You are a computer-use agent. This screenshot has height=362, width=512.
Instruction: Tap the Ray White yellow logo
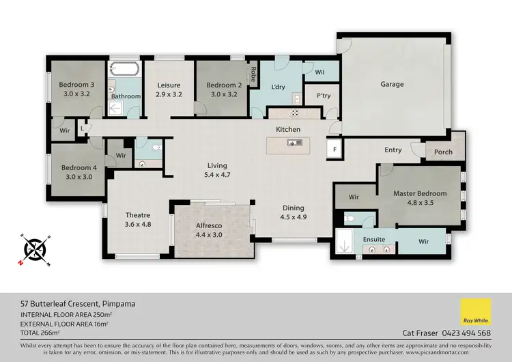click(476, 313)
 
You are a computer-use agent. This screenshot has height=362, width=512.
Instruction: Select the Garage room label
click(392, 85)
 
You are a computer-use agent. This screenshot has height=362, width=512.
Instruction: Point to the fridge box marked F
click(335, 148)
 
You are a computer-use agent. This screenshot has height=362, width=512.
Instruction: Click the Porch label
click(443, 152)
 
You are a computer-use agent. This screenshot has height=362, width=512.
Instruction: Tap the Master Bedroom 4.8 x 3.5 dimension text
click(420, 202)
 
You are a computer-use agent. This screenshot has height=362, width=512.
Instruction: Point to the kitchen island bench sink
click(296, 143)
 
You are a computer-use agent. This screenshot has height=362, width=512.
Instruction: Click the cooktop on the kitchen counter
click(296, 113)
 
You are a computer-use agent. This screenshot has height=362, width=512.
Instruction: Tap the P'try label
click(323, 96)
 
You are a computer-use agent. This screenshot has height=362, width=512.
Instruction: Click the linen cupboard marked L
click(82, 128)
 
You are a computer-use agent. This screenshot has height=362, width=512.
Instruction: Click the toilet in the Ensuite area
click(350, 220)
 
